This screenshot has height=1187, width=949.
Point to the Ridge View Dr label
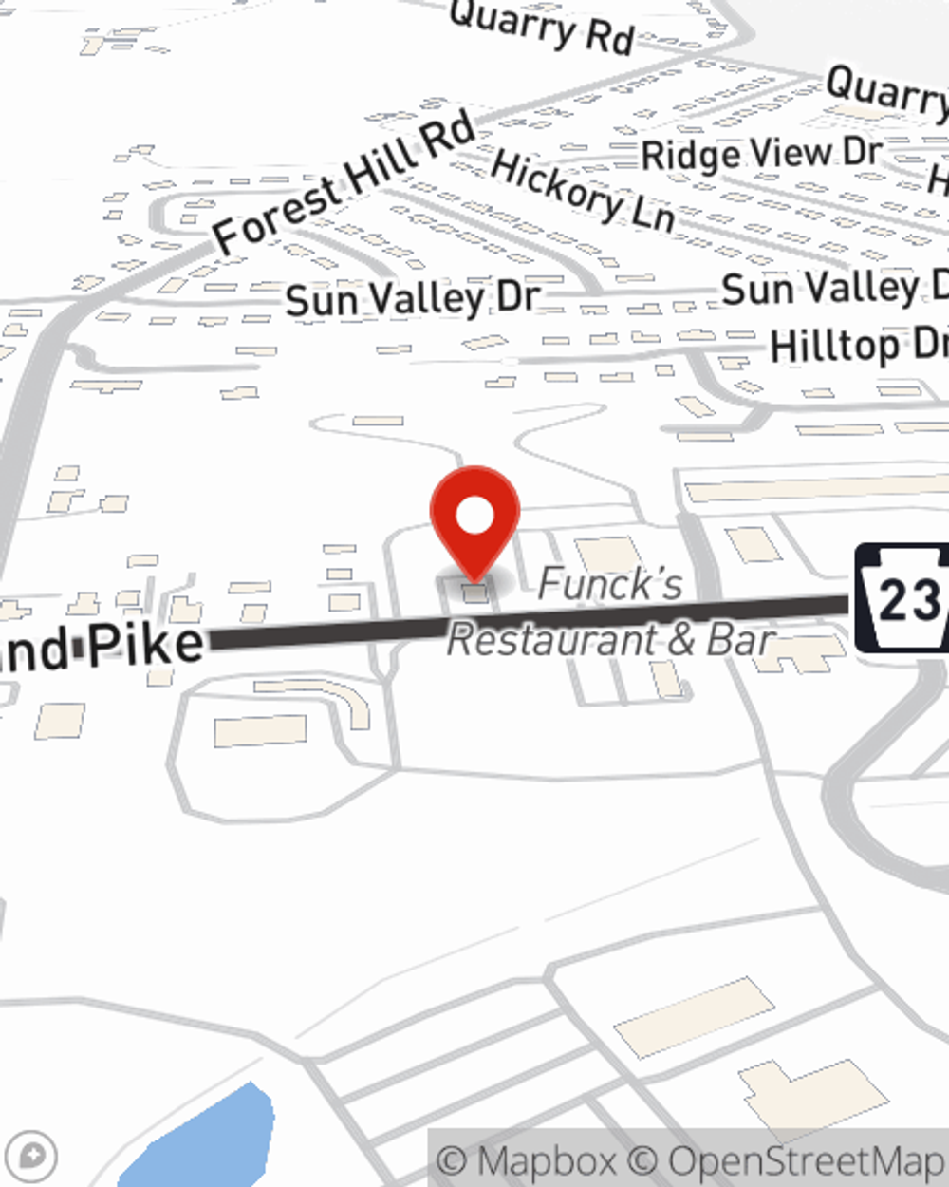pos(761,153)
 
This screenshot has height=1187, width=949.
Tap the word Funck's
pos(610,583)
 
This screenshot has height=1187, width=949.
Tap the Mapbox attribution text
pos(546,1160)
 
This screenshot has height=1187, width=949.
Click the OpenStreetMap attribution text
pos(807,1160)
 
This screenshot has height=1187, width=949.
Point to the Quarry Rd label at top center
pos(541,26)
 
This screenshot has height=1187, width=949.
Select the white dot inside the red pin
pos(474,516)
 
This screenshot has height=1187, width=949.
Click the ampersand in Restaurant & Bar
pos(680,639)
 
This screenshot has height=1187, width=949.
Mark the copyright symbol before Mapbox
pos(453,1160)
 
